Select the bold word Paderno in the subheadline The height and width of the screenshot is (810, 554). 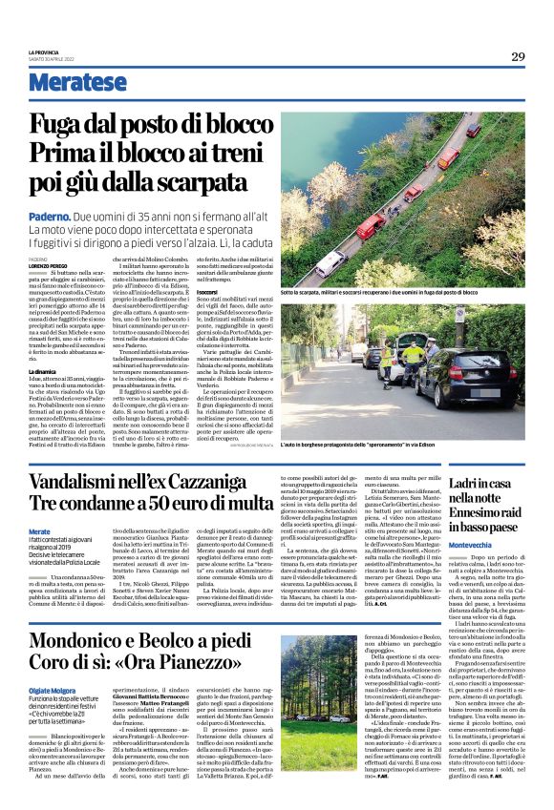[x=51, y=218]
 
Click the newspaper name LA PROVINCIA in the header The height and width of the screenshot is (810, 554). [x=45, y=52]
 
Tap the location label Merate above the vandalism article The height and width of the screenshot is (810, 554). [x=39, y=530]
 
